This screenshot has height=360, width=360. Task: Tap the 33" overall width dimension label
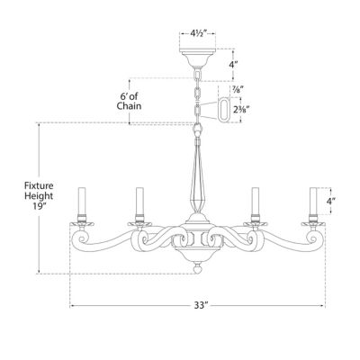click(200, 307)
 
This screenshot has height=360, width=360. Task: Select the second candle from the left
click(139, 203)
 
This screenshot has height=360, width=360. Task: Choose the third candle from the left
click(254, 203)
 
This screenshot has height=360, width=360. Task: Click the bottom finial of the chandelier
click(198, 266)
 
